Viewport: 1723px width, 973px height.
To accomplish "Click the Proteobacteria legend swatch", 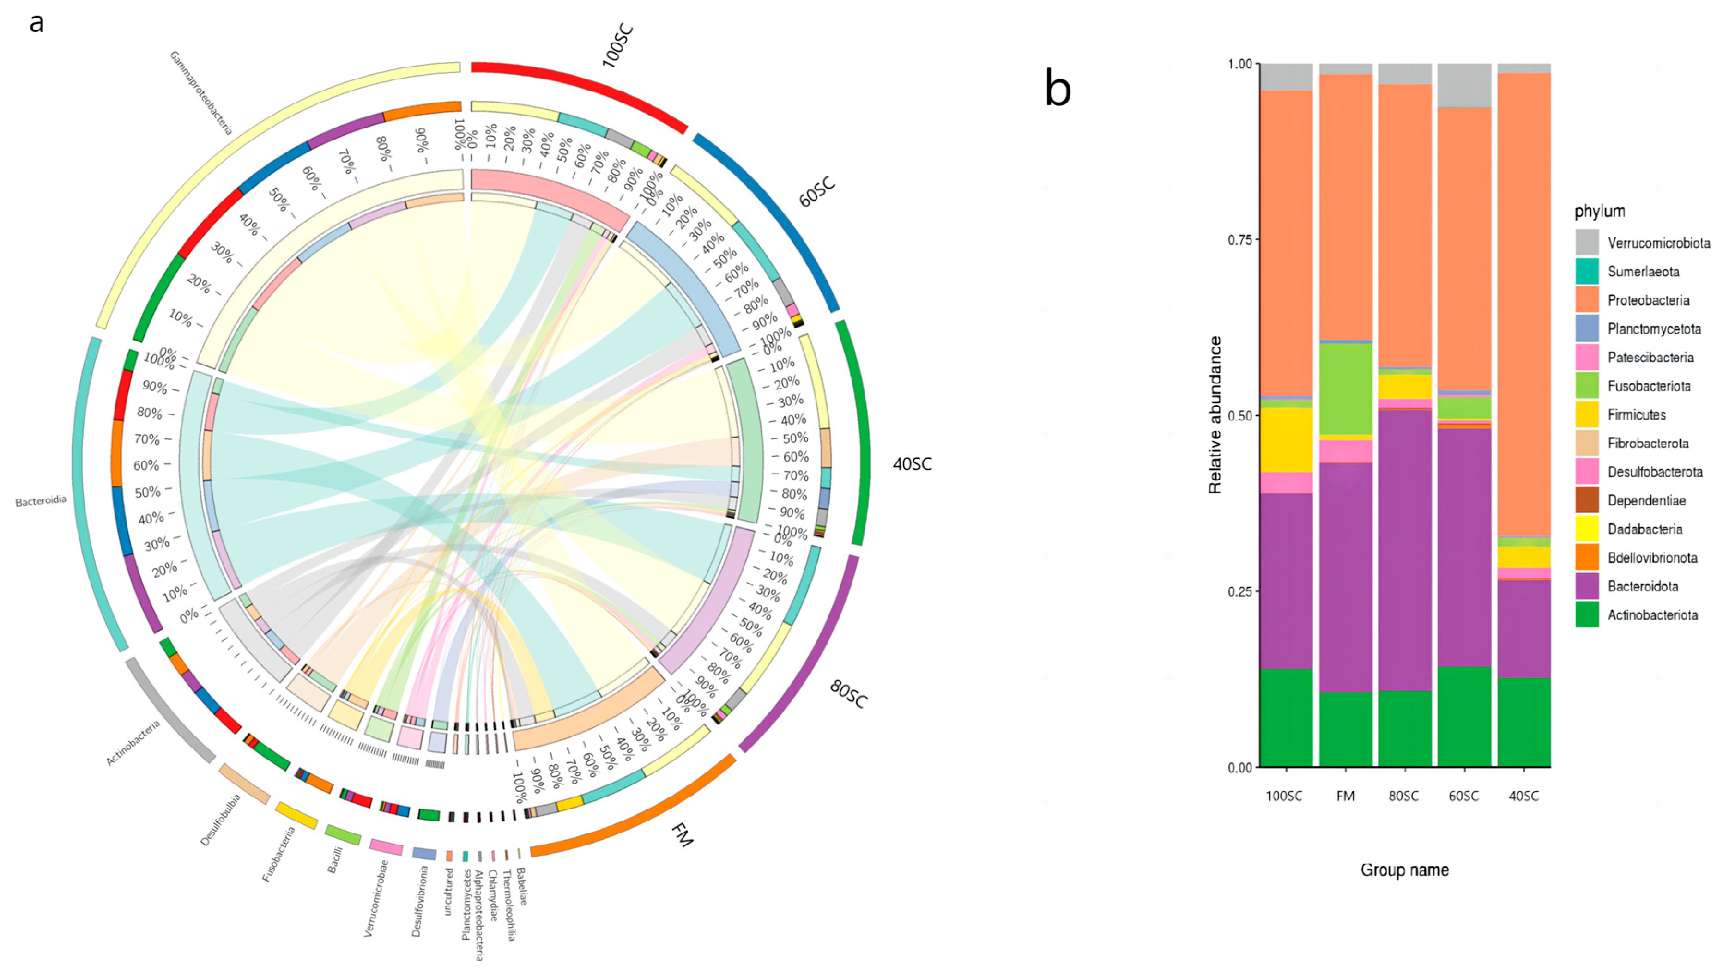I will coord(1587,300).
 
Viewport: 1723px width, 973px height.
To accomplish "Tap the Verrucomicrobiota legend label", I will coord(1658,243).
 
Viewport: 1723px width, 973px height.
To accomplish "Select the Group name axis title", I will coord(1405,870).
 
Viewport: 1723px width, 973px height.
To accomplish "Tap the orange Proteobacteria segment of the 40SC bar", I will coord(1523,301).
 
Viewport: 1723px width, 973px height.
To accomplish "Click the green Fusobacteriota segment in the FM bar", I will coord(1345,388).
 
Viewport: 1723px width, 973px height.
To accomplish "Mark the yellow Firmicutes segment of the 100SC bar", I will coord(1286,440).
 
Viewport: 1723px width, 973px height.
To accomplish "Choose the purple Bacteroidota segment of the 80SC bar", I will coord(1405,549).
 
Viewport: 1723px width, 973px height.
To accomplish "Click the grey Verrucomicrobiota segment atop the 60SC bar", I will coord(1464,85).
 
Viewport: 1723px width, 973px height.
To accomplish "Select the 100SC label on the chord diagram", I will coord(617,45).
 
